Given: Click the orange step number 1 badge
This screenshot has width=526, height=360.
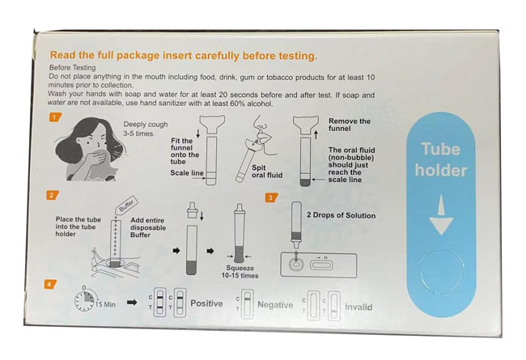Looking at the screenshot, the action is tap(55, 117).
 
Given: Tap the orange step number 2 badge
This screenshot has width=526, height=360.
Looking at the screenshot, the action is tap(52, 195).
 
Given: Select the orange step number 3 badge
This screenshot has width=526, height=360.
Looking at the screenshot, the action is tap(271, 197).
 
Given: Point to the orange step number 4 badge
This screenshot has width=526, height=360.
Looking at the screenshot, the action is tap(49, 285).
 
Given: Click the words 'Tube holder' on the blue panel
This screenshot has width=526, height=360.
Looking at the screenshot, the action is tap(440, 159).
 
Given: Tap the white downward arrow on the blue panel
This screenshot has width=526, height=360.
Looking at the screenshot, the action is tap(441, 214).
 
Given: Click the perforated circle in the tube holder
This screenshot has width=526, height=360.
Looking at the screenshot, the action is tap(441, 270).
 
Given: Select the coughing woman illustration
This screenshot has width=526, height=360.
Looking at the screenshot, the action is tap(90, 150).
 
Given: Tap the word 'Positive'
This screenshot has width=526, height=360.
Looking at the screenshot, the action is tap(206, 303).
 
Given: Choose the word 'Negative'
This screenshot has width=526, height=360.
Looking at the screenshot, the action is tap(275, 305).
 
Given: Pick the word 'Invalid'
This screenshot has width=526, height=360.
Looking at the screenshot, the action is tap(358, 307).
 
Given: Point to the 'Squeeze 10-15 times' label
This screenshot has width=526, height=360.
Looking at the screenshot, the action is tap(240, 272).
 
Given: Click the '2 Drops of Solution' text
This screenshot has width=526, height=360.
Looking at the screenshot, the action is tap(341, 215).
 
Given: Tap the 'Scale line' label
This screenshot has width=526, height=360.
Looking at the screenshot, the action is tap(187, 173).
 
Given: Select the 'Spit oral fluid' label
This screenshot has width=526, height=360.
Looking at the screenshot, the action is tap(267, 172).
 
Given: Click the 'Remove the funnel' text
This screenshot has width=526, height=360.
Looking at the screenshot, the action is tap(350, 125).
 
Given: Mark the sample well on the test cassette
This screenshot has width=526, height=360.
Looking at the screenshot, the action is tap(296, 265).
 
